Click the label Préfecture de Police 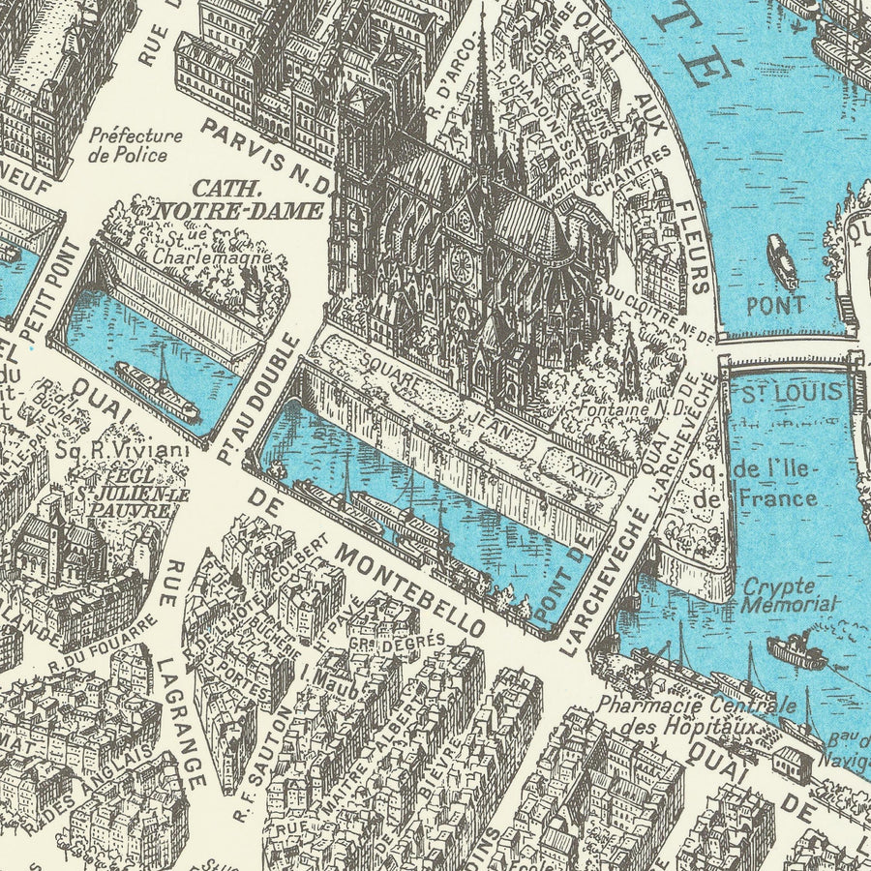click(135, 145)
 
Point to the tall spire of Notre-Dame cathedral click(481, 87)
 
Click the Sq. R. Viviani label click(122, 449)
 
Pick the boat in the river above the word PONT click(782, 261)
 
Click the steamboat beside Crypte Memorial click(796, 651)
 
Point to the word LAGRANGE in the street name click(183, 720)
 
